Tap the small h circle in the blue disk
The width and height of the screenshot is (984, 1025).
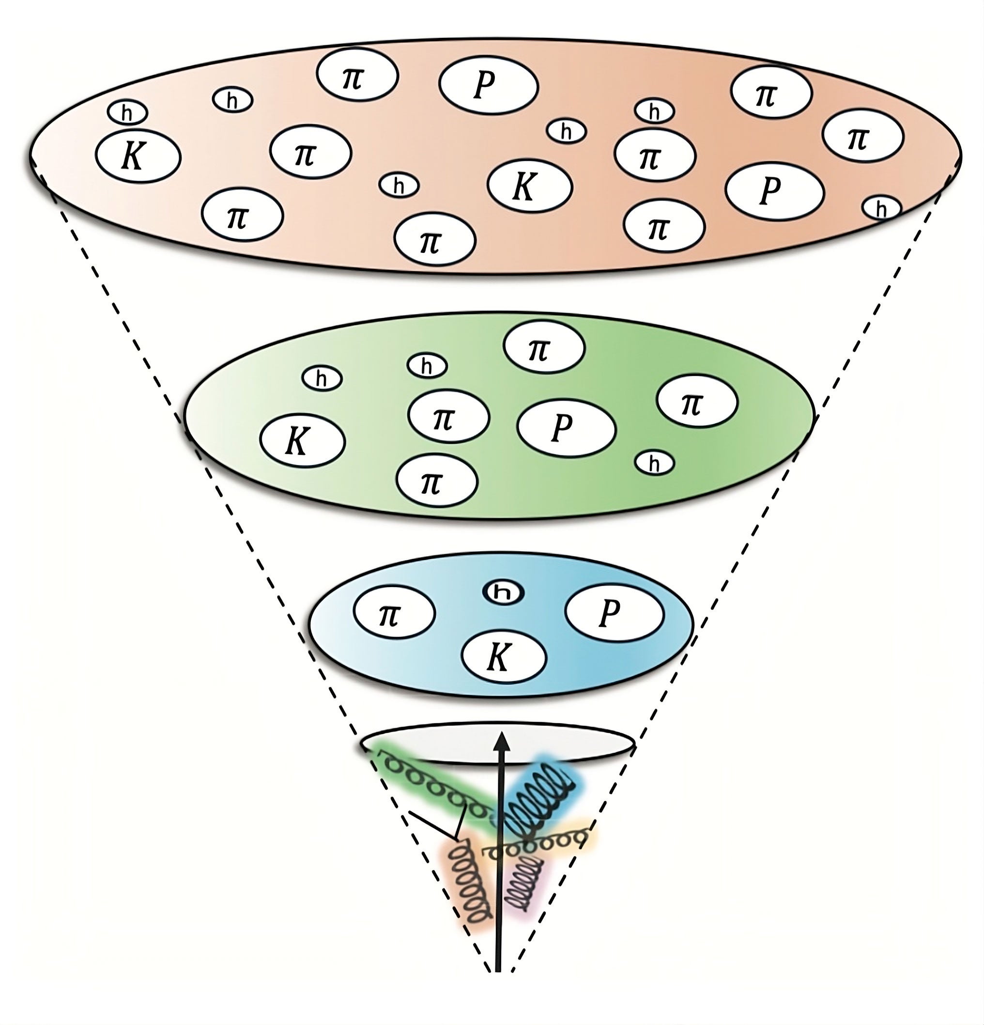(x=503, y=592)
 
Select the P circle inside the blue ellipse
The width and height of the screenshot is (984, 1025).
(x=615, y=612)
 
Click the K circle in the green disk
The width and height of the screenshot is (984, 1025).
(x=302, y=440)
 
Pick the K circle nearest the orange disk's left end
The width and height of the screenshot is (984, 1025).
(x=138, y=156)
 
